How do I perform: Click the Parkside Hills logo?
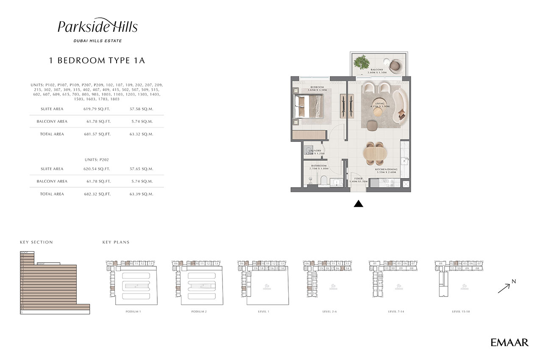[97, 27]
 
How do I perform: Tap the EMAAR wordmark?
[509, 343]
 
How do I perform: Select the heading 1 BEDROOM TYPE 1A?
[97, 61]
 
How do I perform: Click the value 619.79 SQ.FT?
[97, 109]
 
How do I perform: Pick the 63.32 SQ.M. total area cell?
[141, 134]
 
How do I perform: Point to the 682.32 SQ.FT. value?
[97, 194]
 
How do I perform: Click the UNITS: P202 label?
[97, 160]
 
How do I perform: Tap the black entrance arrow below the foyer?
[359, 204]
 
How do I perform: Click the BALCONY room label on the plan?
[377, 69]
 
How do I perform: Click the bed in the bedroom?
[309, 107]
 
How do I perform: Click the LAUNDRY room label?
[315, 151]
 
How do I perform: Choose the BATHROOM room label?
[318, 166]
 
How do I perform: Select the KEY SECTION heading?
[36, 242]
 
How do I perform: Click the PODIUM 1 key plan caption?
[133, 312]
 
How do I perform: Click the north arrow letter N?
[513, 281]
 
